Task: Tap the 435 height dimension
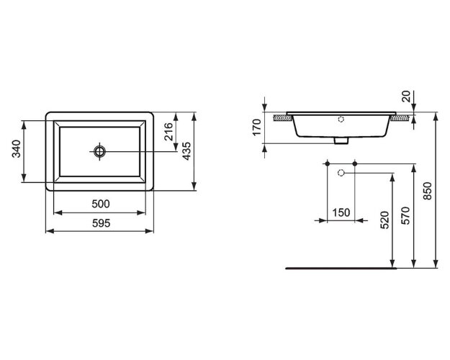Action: coord(187,150)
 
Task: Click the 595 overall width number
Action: coord(101,223)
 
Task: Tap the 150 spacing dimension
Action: coord(341,212)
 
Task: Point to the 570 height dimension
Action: coord(405,215)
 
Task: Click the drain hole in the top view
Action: coord(100,151)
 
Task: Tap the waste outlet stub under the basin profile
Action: coord(342,140)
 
